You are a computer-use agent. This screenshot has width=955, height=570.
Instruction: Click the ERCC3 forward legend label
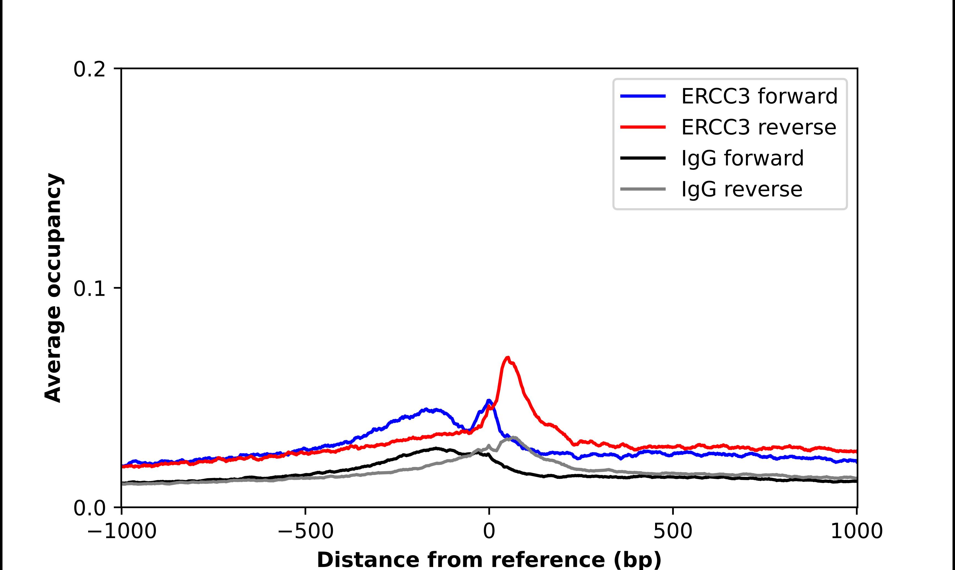pyautogui.click(x=759, y=96)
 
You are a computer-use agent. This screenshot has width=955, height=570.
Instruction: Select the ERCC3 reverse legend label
pyautogui.click(x=758, y=127)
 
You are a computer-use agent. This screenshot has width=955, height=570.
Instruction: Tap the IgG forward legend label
pyautogui.click(x=742, y=158)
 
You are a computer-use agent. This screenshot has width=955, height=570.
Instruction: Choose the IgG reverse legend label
pyautogui.click(x=742, y=189)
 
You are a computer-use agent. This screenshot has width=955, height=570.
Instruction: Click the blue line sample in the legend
pyautogui.click(x=643, y=96)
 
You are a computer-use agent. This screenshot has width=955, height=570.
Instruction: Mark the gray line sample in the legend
pyautogui.click(x=643, y=189)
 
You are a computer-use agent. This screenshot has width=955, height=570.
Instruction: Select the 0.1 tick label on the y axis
pyautogui.click(x=89, y=289)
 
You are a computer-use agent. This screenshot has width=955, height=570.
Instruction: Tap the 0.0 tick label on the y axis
pyautogui.click(x=89, y=508)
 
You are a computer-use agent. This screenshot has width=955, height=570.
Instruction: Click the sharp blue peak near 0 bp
pyautogui.click(x=489, y=401)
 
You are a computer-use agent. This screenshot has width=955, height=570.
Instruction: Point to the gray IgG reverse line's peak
pyautogui.click(x=513, y=438)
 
